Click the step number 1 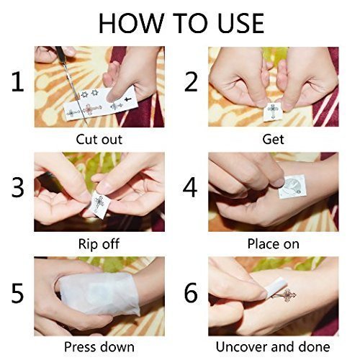pyautogui.click(x=18, y=82)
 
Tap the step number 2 pyautogui.click(x=191, y=82)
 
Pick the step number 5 pyautogui.click(x=18, y=293)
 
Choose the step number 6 pyautogui.click(x=191, y=293)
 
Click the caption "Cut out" pyautogui.click(x=99, y=140)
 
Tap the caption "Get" pyautogui.click(x=273, y=140)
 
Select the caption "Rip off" pyautogui.click(x=99, y=244)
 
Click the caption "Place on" pyautogui.click(x=273, y=244)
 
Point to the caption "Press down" pyautogui.click(x=99, y=347)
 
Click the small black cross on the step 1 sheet pyautogui.click(x=128, y=99)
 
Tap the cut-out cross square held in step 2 pyautogui.click(x=272, y=112)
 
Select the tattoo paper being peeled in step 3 pyautogui.click(x=99, y=204)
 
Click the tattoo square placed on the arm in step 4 pyautogui.click(x=292, y=186)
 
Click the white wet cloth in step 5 pyautogui.click(x=99, y=294)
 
